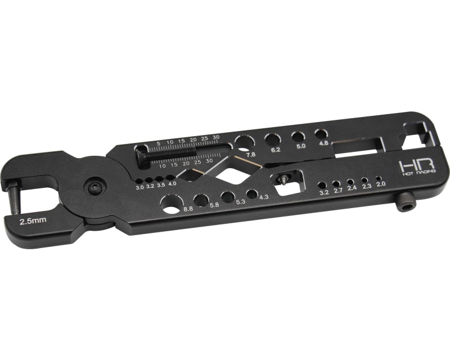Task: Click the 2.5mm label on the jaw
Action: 33,221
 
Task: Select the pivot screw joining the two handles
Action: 94,188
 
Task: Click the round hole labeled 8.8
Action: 170,202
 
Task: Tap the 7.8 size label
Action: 251,154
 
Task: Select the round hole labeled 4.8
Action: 321,134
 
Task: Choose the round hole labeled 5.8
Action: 201,200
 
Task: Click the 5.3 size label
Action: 241,201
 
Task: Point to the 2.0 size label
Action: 381,184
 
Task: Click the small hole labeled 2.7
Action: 336,183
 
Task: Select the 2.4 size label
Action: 352,188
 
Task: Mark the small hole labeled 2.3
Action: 364,180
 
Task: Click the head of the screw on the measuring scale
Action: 142,155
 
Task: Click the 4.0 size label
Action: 172,184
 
